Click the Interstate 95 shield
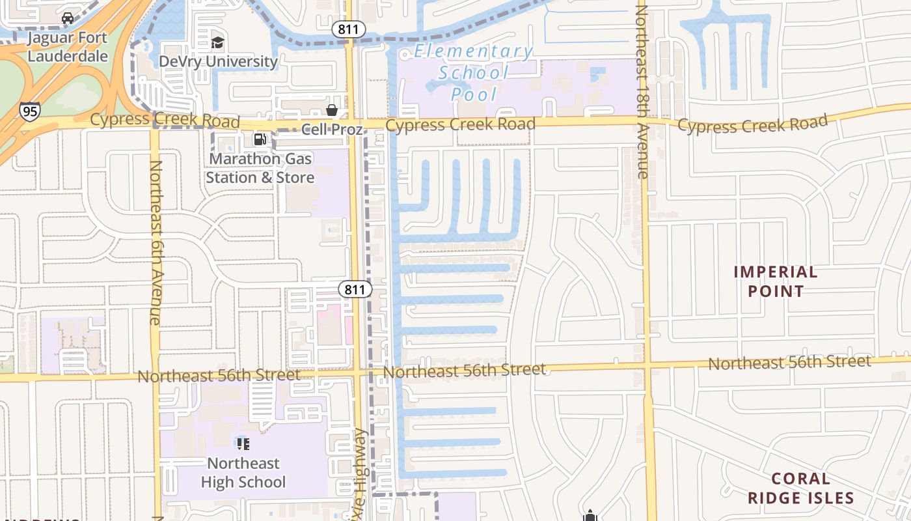30,111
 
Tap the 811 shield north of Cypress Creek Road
349,29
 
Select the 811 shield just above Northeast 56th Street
355,289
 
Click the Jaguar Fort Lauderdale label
68,46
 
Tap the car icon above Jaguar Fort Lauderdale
68,18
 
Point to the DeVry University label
219,61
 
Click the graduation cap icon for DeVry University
217,43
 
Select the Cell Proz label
332,129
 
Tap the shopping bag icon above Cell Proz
332,110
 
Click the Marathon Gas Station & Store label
260,168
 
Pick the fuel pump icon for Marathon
260,139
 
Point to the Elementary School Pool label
474,72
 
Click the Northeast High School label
243,473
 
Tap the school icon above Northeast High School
243,444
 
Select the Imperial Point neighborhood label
776,281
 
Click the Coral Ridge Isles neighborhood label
800,488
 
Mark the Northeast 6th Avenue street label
155,242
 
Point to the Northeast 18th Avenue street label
642,91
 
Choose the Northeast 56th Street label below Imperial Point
789,362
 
